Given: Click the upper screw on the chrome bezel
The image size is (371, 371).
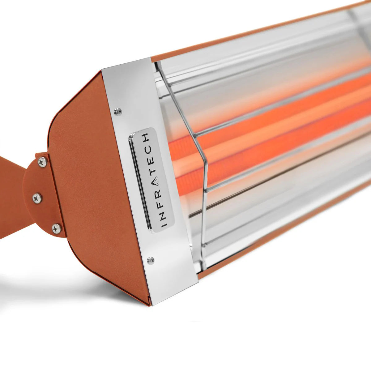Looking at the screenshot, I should coord(117,111).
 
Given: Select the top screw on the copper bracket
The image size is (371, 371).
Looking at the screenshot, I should coord(42,161).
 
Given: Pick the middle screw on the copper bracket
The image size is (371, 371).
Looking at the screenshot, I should coord(37,198).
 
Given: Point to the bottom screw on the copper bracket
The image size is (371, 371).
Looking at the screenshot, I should coord(57,228).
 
